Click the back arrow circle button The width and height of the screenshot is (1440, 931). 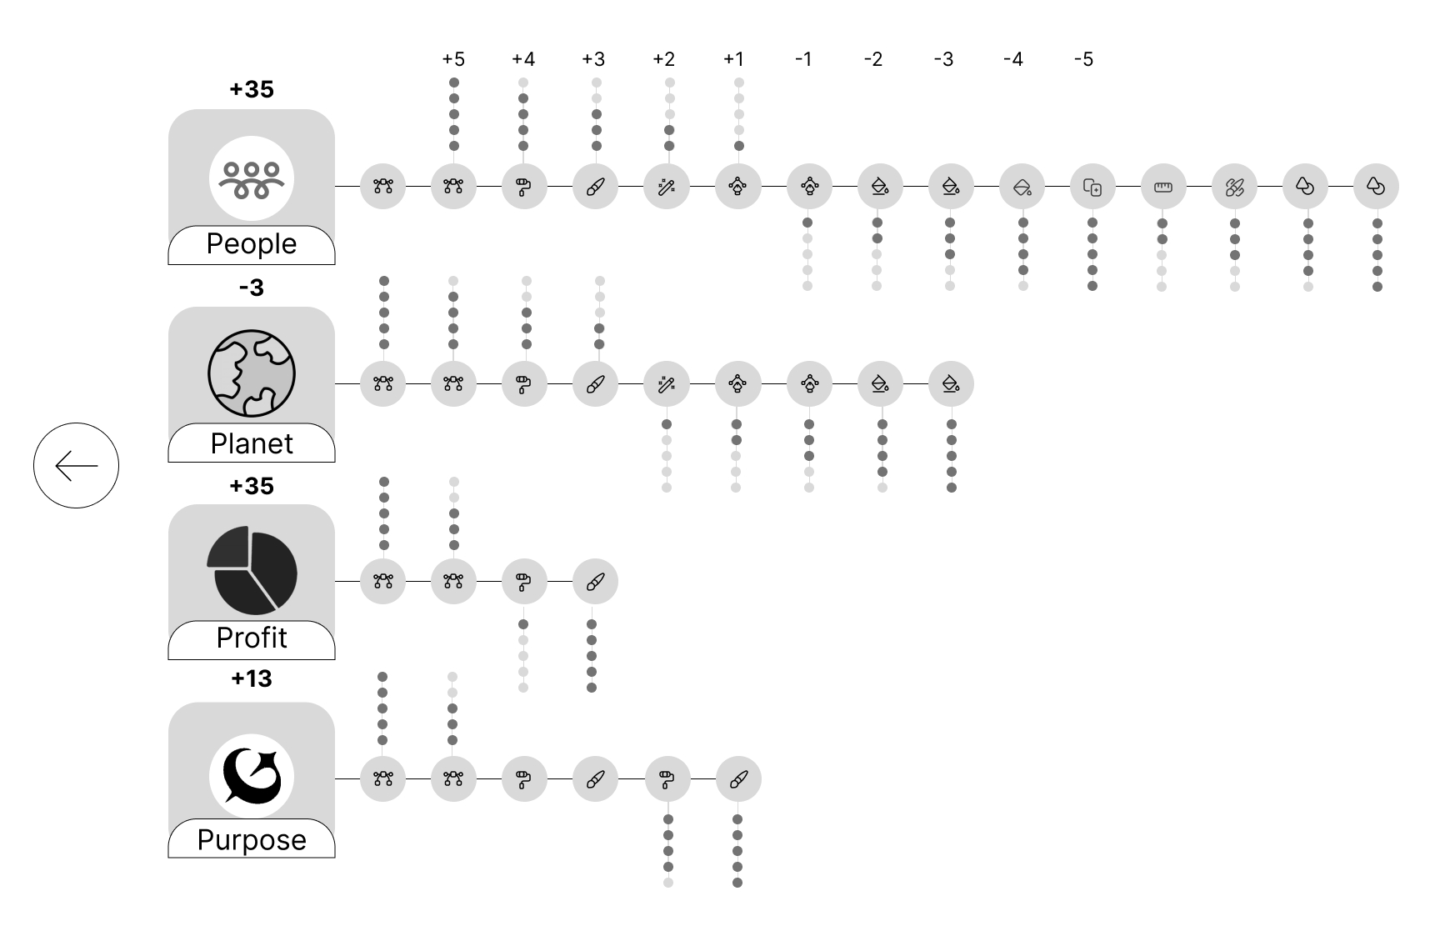[x=76, y=465]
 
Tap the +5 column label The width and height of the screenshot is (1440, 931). [x=453, y=59]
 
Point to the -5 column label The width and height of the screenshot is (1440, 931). [x=1083, y=59]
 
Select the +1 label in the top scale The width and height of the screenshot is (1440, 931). [x=733, y=59]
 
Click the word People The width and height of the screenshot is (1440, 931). [x=252, y=243]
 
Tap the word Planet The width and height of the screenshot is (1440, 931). [x=252, y=443]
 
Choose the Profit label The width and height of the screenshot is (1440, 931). [x=252, y=638]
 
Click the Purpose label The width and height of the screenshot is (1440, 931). [x=252, y=839]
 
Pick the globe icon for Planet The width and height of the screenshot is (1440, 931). [x=252, y=373]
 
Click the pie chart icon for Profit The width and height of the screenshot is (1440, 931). [x=252, y=570]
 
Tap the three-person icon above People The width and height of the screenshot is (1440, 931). [x=252, y=178]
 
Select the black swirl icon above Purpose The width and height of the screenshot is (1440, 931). [x=252, y=776]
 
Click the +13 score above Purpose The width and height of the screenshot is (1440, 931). [x=252, y=678]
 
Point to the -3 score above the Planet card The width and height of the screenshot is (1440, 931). [x=252, y=288]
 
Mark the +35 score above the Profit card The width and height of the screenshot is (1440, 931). [x=252, y=486]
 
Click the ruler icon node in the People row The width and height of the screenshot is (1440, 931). [x=1162, y=187]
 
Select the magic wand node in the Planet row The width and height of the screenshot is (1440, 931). [x=666, y=383]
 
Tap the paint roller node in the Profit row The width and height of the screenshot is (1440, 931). [x=524, y=581]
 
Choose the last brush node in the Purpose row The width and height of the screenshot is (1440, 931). [x=738, y=779]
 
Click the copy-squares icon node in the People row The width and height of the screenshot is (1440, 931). [x=1092, y=187]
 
